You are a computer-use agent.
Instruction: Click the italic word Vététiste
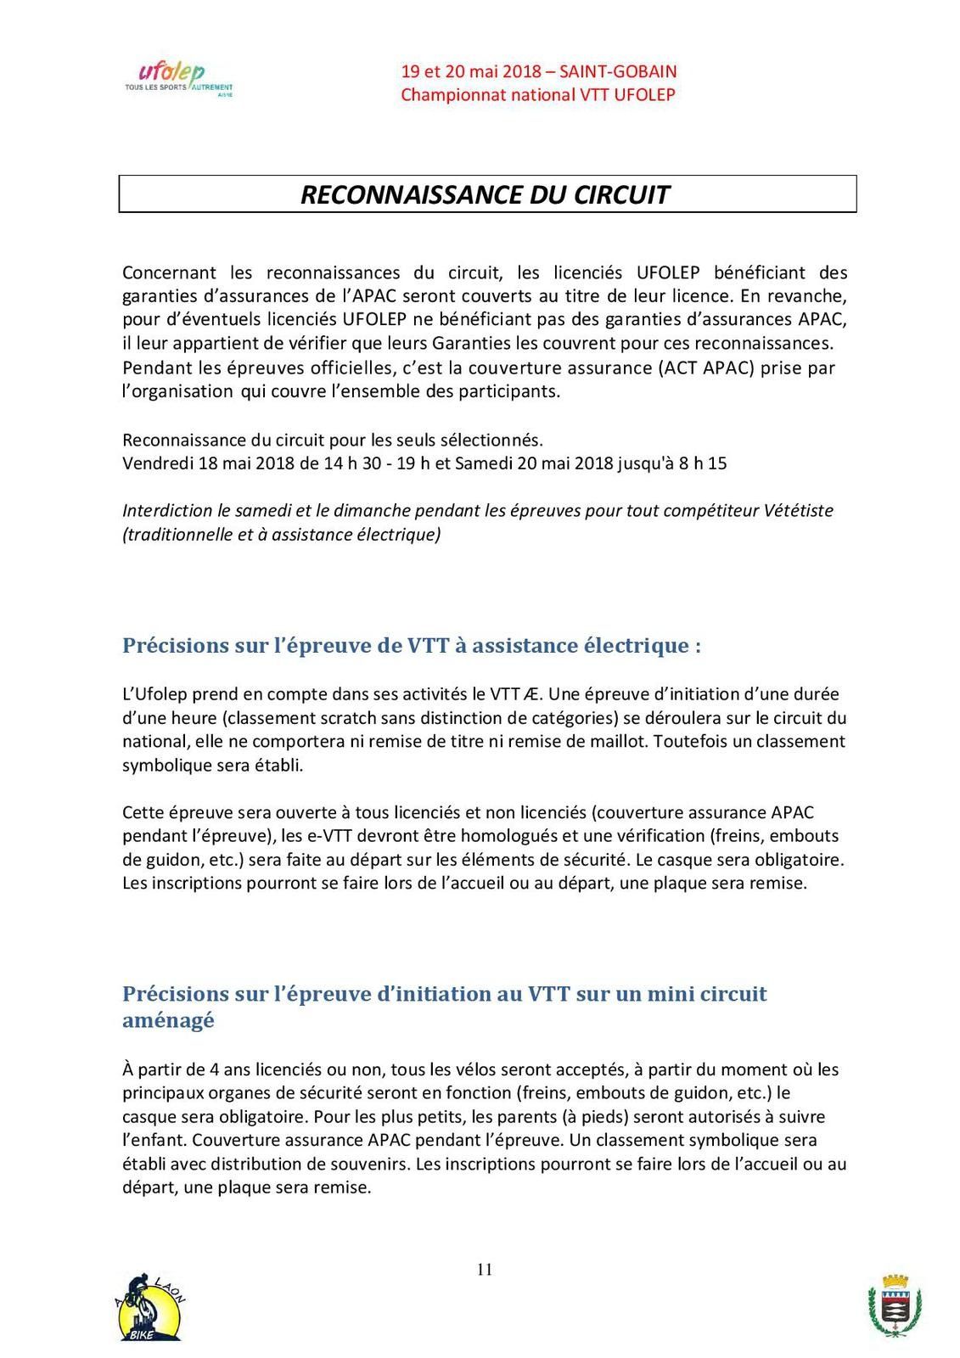(798, 510)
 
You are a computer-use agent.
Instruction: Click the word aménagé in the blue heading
(168, 1020)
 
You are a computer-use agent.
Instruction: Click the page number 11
(485, 1270)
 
